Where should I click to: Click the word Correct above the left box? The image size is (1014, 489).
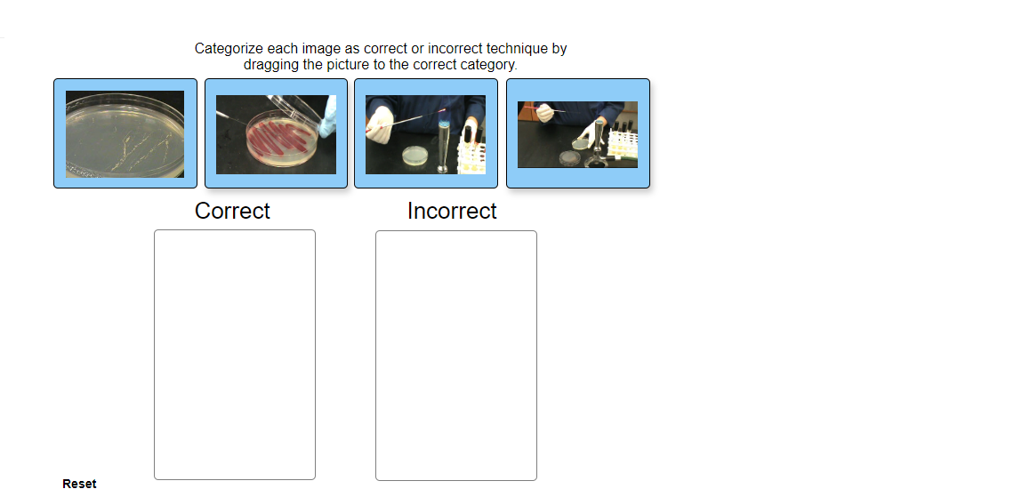point(232,212)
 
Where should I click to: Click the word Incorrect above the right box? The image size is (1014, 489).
point(452,212)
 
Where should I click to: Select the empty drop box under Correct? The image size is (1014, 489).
point(235,355)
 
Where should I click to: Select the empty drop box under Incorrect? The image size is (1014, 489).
point(456,355)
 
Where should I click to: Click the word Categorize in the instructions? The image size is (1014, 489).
point(229,49)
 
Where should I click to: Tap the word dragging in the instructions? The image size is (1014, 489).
point(271,65)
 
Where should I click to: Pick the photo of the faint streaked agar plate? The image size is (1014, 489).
point(125,133)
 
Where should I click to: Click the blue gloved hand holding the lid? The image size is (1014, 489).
point(329,112)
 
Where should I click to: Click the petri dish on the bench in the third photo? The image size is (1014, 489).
point(414,156)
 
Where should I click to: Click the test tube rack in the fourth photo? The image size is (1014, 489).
point(624,147)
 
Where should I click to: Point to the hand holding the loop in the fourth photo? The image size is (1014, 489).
point(543,113)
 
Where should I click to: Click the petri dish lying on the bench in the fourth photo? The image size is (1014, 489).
point(570,158)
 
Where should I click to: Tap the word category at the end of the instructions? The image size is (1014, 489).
point(488,65)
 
